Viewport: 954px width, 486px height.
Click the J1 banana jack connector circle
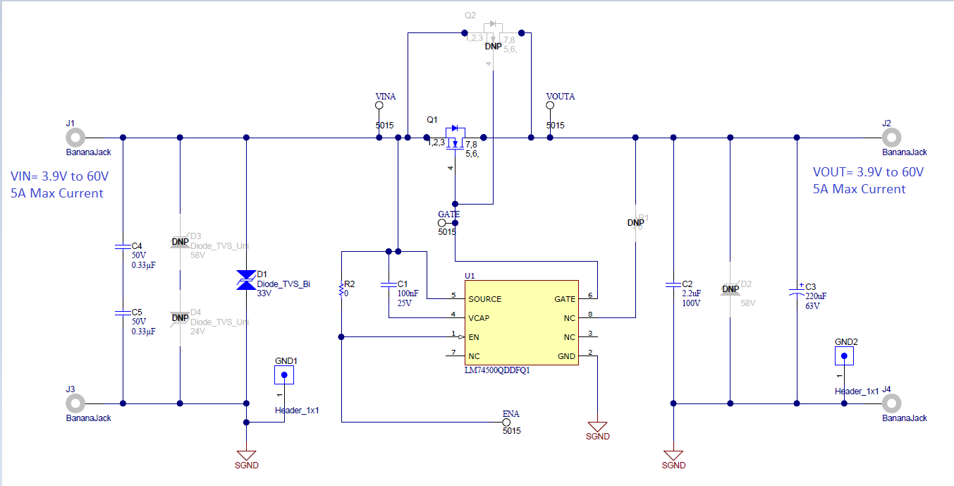[75, 137]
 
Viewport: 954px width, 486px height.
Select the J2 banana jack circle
[891, 137]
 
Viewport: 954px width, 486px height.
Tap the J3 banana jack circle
[75, 403]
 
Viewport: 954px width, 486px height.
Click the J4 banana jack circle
[891, 403]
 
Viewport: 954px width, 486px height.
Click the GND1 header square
[284, 375]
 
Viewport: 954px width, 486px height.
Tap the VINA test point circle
[379, 106]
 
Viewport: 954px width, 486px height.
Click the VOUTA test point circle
[551, 106]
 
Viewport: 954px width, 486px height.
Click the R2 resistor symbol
[341, 289]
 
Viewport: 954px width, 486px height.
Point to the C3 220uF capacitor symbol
[797, 289]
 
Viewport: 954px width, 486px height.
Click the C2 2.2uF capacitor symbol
[673, 285]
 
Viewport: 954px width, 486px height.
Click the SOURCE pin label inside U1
[484, 299]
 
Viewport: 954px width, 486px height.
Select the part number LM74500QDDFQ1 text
[497, 370]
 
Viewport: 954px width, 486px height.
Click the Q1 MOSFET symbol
[455, 138]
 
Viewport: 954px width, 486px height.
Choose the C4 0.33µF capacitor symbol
[123, 246]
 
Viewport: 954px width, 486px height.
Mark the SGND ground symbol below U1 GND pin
[597, 426]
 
